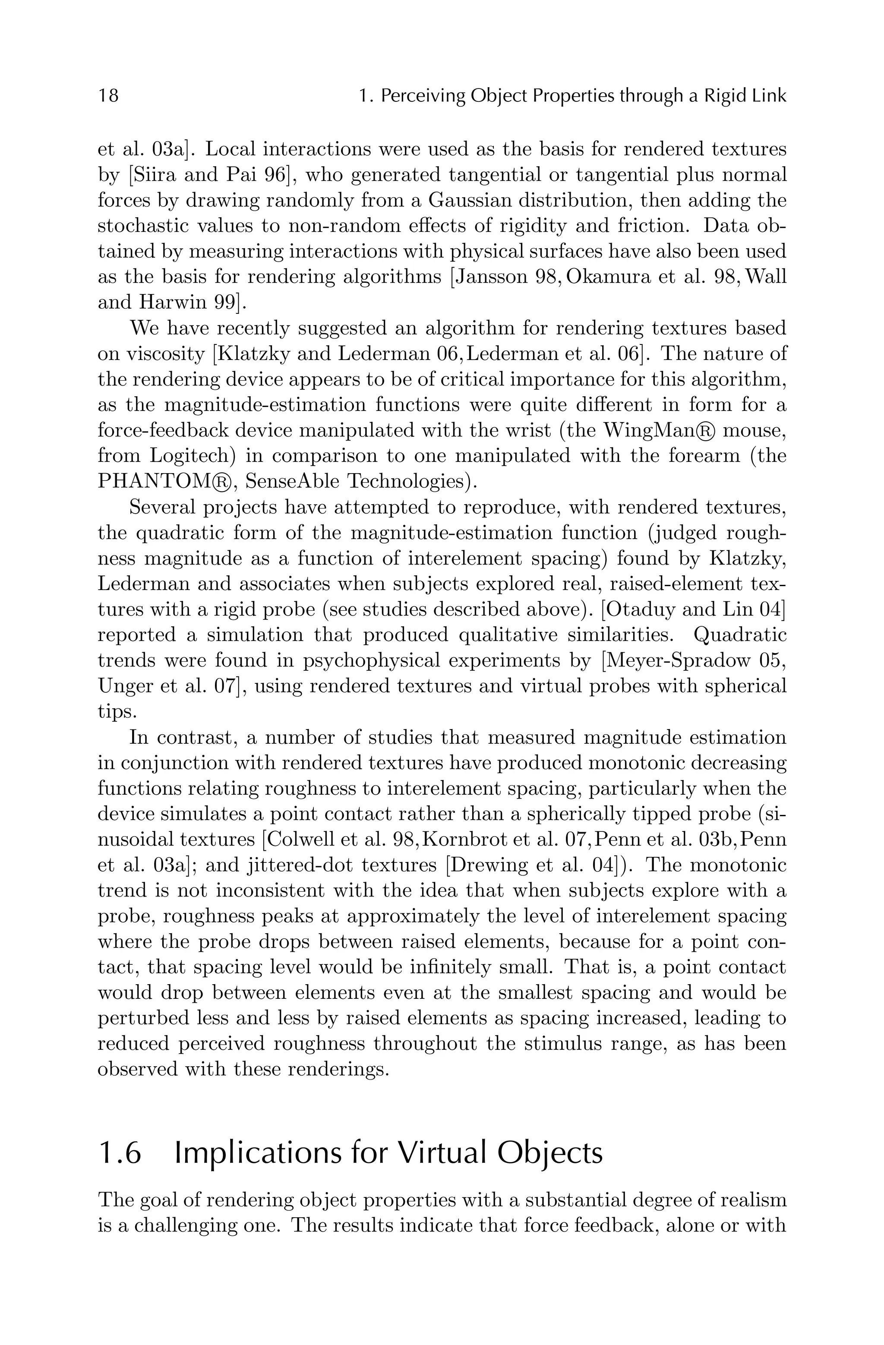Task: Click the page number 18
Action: tap(108, 96)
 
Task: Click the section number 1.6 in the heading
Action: tap(119, 1153)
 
